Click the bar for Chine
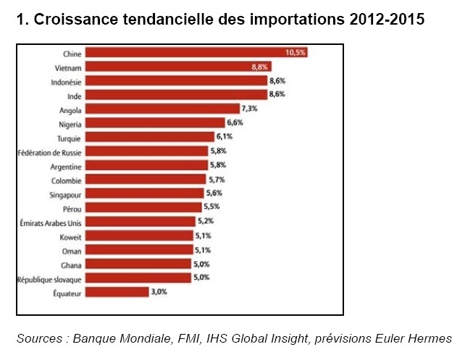pos(196,54)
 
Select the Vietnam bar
pos(188,67)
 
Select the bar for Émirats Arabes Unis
pos(141,222)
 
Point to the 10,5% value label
pos(296,54)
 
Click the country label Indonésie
pos(66,82)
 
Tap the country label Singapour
pos(66,193)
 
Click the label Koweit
pos(71,236)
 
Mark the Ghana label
pos(72,264)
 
